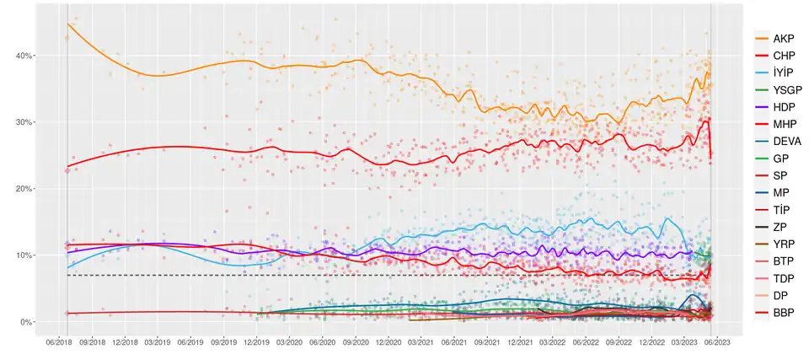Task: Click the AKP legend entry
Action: coord(782,39)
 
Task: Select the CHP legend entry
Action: coord(782,56)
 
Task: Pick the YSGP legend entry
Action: coord(785,89)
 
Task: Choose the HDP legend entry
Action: coord(783,106)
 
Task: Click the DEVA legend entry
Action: coord(785,140)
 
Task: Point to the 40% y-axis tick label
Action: coord(23,56)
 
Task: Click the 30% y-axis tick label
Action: coord(23,122)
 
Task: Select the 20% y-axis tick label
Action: coord(23,189)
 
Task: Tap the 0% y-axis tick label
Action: coord(25,322)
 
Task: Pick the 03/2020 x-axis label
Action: coord(289,341)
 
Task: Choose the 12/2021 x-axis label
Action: coord(520,341)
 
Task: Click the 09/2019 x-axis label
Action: coord(223,341)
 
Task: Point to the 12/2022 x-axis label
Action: coord(651,341)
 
